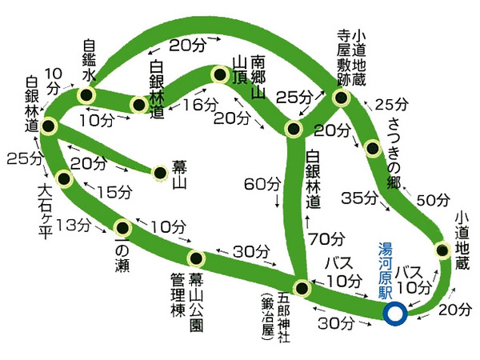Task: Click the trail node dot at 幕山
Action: (160, 172)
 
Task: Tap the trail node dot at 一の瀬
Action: (122, 226)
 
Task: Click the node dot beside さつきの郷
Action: (371, 148)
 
